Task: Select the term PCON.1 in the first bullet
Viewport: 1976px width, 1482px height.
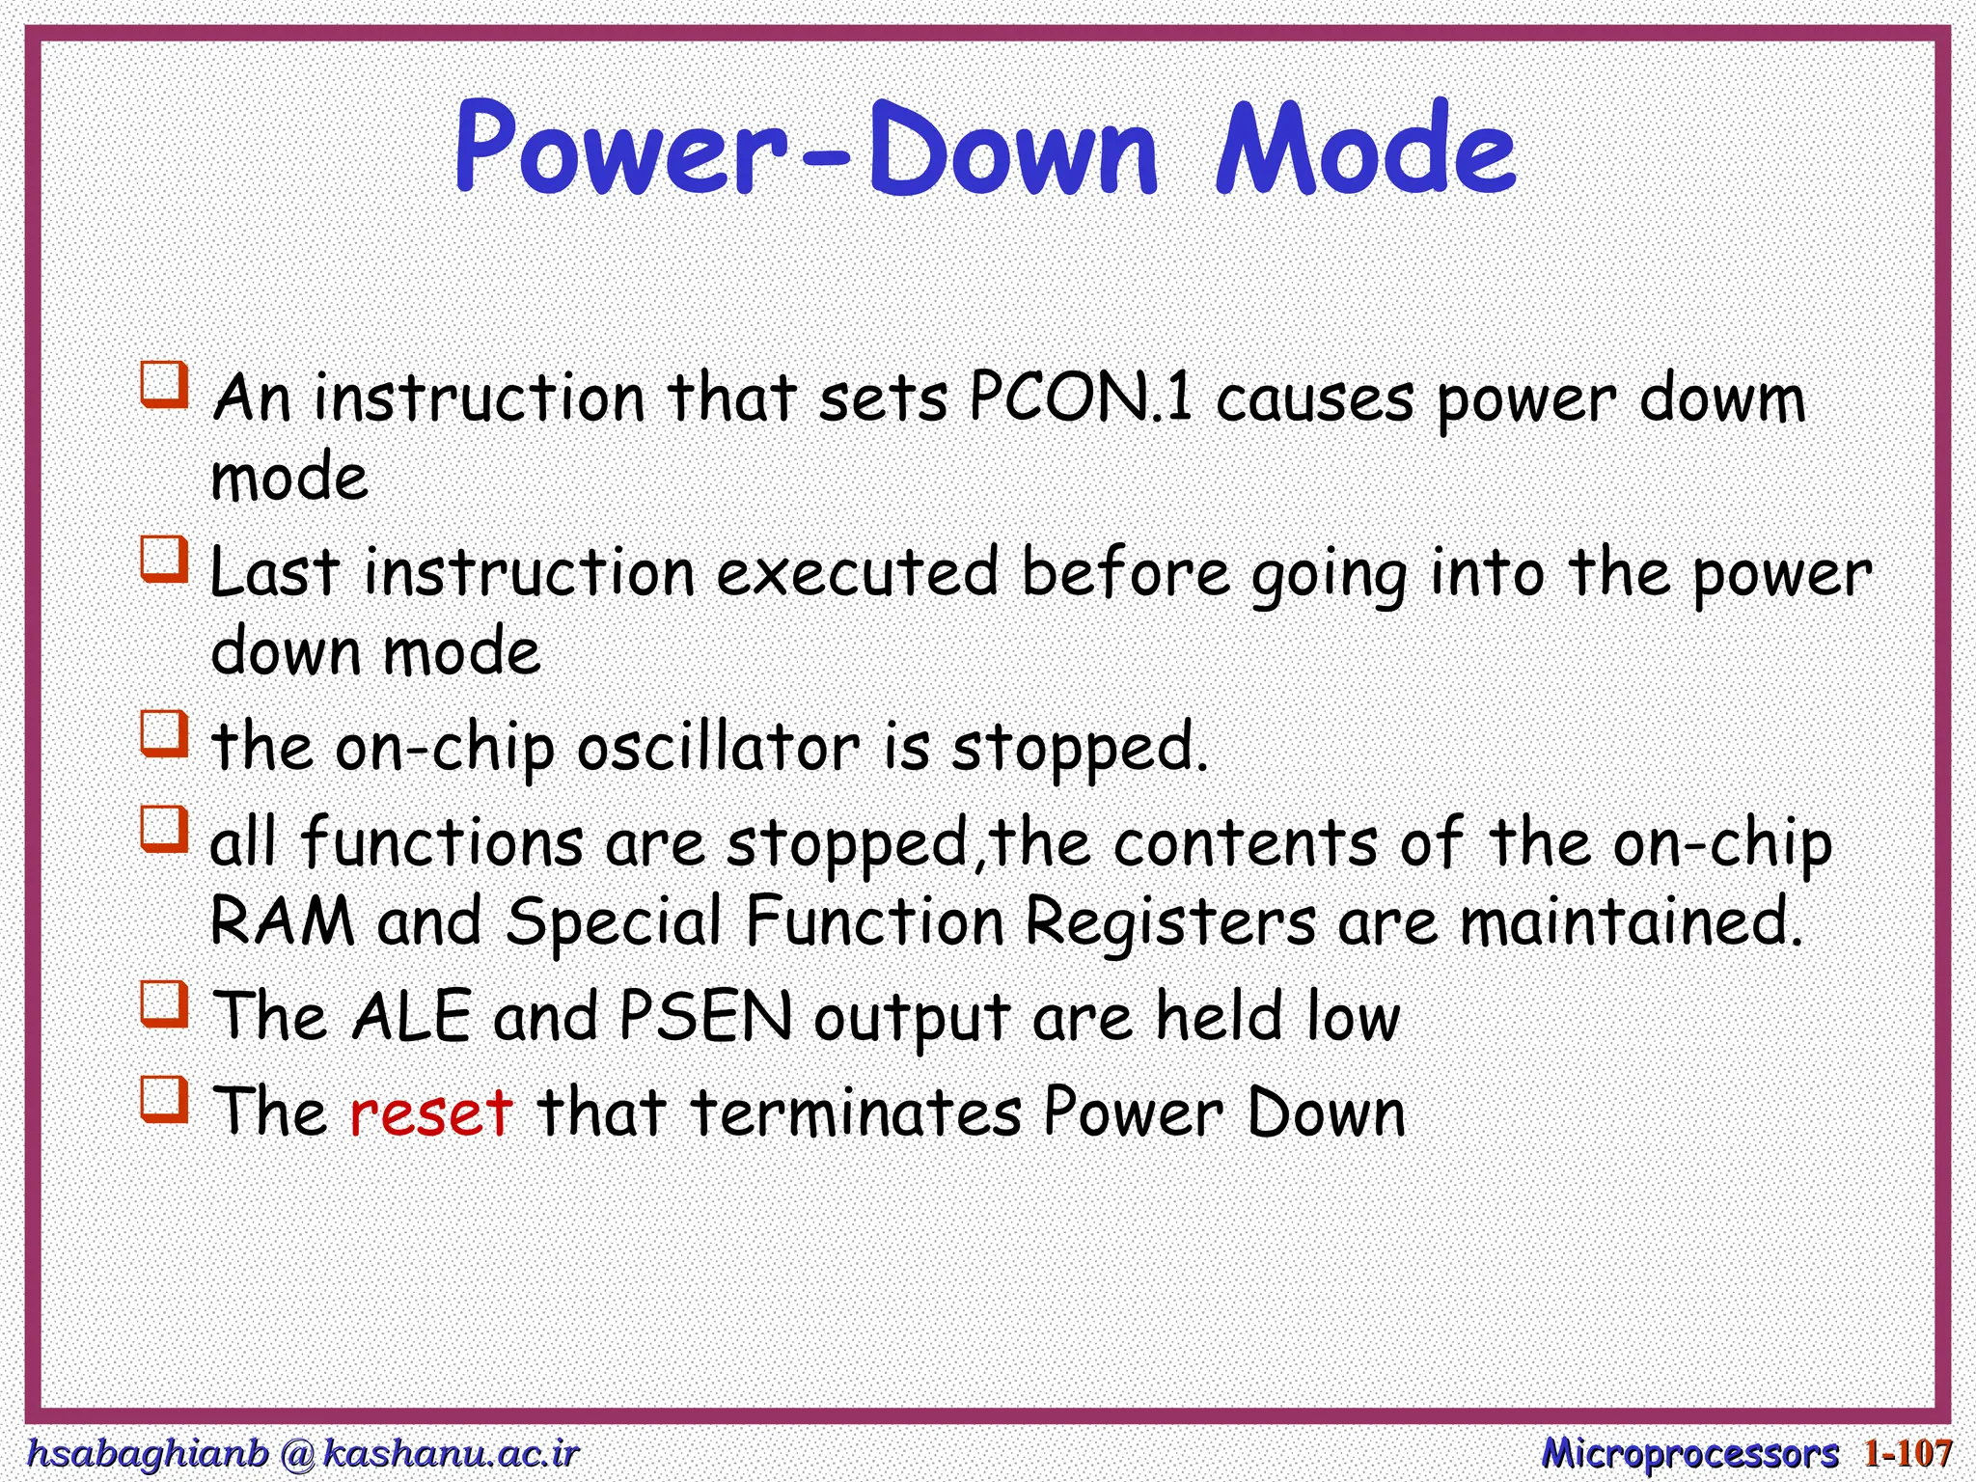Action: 1081,398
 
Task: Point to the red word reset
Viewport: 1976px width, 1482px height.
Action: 430,1111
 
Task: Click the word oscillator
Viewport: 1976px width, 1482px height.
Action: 718,747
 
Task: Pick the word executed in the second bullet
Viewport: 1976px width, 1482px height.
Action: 857,572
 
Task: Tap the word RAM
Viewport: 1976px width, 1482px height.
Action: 283,920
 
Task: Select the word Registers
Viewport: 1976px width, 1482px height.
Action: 1169,922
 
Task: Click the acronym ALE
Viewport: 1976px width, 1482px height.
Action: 412,1016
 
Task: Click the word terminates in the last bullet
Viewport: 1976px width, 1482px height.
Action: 856,1111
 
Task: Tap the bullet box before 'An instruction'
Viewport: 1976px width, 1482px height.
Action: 164,385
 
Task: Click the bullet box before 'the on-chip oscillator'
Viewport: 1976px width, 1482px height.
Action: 164,734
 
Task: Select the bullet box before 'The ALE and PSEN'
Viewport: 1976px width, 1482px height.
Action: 164,1003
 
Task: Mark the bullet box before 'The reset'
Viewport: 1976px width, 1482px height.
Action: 164,1100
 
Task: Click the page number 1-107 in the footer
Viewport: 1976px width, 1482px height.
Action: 1907,1453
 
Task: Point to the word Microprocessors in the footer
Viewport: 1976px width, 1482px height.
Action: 1689,1453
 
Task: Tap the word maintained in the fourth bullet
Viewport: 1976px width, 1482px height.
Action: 1631,920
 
